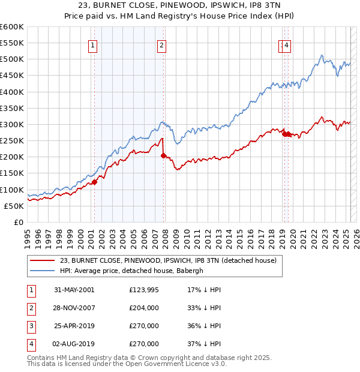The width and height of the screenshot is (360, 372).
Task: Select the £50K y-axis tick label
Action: pos(14,206)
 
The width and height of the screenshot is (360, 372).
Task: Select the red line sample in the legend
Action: pos(42,261)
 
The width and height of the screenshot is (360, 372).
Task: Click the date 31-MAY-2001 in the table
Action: pos(74,290)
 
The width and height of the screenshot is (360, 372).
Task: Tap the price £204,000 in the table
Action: pos(144,308)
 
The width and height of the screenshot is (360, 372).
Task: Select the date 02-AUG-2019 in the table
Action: pos(74,345)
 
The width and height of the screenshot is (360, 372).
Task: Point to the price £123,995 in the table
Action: pos(144,290)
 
